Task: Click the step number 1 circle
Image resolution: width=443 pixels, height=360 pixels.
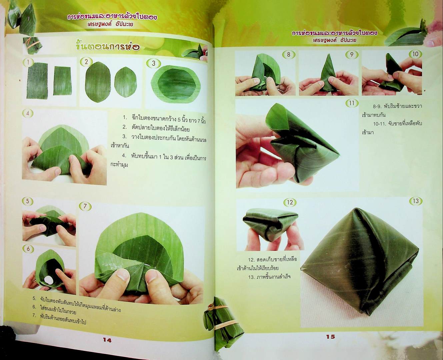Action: (x=29, y=62)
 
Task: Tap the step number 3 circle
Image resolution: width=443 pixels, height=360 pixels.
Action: (x=154, y=63)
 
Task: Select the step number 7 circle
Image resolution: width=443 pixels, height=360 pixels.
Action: (x=85, y=206)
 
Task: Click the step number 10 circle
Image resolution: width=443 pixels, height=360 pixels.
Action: (x=415, y=54)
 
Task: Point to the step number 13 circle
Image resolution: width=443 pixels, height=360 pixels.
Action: (x=415, y=201)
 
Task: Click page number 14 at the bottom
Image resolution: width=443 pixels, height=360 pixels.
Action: (x=107, y=340)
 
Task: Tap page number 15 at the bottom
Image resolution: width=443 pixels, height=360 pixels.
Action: (x=330, y=337)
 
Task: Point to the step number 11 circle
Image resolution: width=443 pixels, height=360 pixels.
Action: (x=351, y=103)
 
